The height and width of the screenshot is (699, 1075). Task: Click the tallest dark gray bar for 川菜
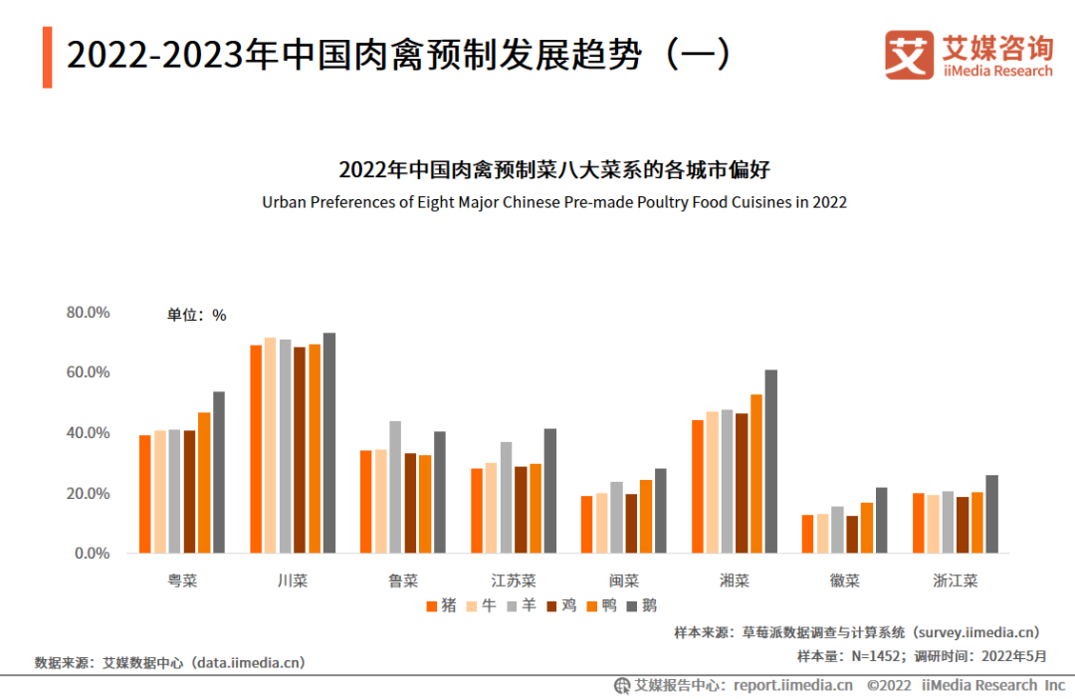coord(329,442)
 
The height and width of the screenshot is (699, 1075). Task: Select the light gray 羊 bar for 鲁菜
coord(395,487)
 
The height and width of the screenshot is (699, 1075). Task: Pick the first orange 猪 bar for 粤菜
coord(145,494)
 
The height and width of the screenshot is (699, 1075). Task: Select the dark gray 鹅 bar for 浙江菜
coord(991,514)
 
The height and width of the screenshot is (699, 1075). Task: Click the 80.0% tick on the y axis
coord(88,313)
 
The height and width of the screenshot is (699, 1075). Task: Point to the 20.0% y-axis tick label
coord(88,494)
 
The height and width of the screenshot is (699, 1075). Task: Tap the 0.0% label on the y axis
coord(92,554)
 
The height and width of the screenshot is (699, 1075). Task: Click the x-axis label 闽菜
coord(624,581)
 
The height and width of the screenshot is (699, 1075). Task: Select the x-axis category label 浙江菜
coord(955,581)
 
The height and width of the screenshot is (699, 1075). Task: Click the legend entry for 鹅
coord(642,604)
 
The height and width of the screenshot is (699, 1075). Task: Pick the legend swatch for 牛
coord(474,605)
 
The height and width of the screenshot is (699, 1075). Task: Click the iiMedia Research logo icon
coord(908,55)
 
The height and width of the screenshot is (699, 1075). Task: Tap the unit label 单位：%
coord(196,316)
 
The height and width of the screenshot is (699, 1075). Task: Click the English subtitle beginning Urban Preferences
coord(554,202)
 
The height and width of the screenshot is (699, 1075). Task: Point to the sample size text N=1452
coord(850,656)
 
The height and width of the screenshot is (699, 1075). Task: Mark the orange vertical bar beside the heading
coord(47,57)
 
